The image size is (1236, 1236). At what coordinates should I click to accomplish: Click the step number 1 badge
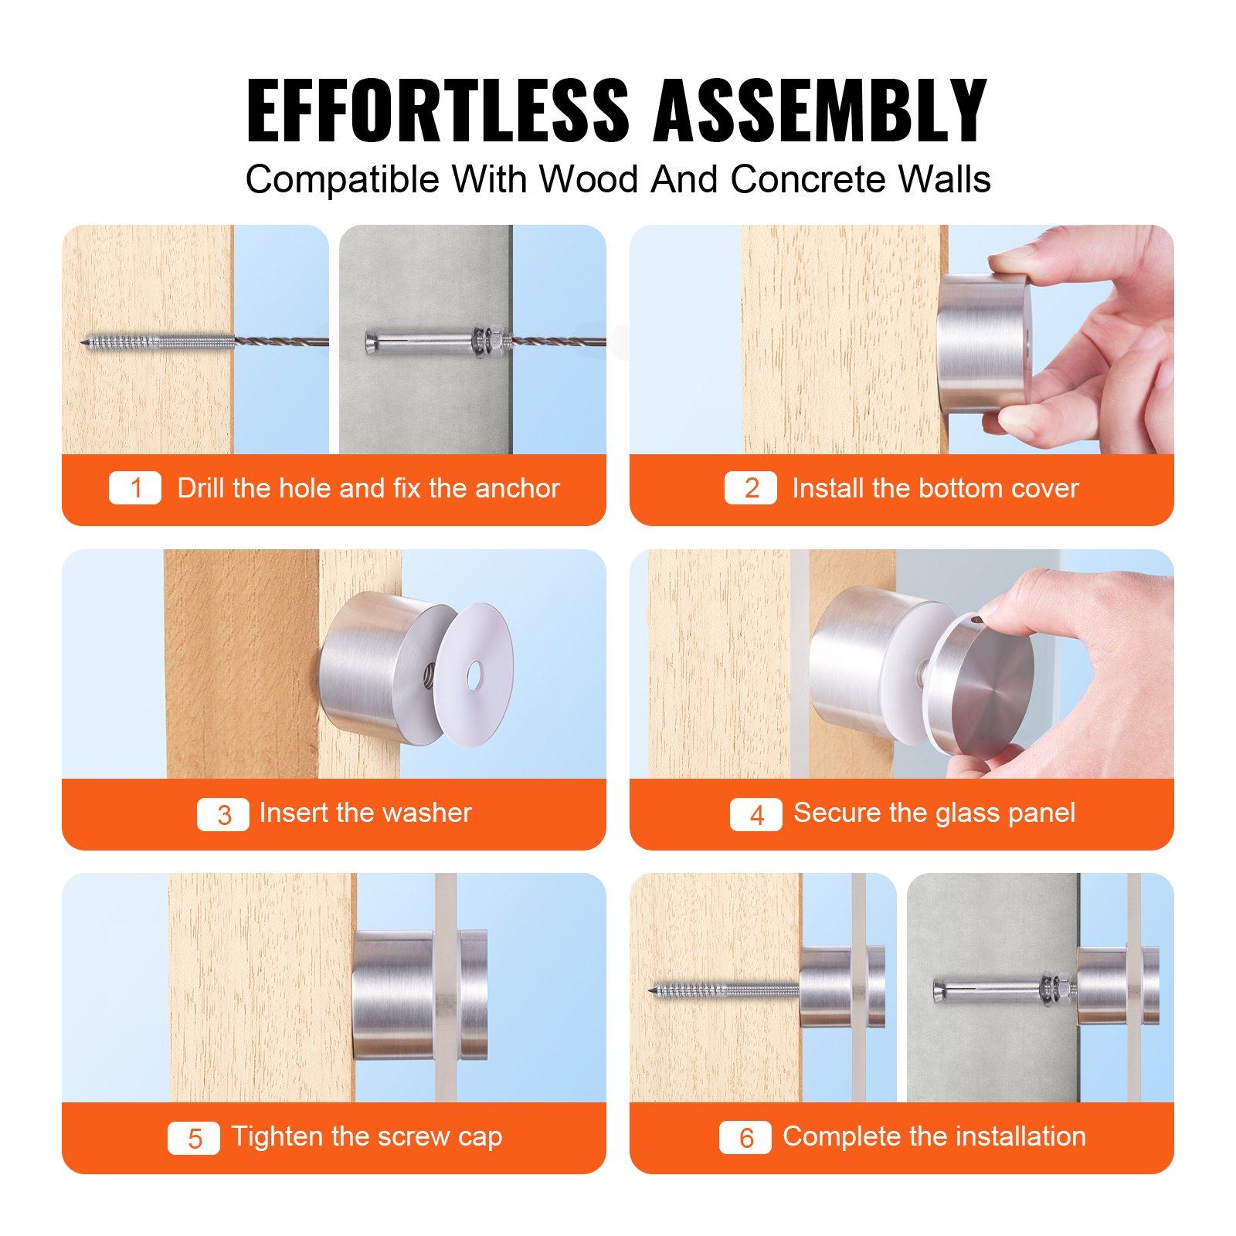(x=135, y=488)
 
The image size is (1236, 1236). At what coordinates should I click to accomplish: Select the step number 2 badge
(x=750, y=488)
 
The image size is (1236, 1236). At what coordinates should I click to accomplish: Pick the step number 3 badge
(x=223, y=814)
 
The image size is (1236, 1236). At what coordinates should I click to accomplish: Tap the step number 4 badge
(x=756, y=814)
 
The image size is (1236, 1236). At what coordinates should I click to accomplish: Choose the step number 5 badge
(x=194, y=1138)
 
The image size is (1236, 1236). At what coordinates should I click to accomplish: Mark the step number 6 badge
(x=745, y=1138)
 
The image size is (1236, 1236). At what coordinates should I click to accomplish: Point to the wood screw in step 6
(x=722, y=990)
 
